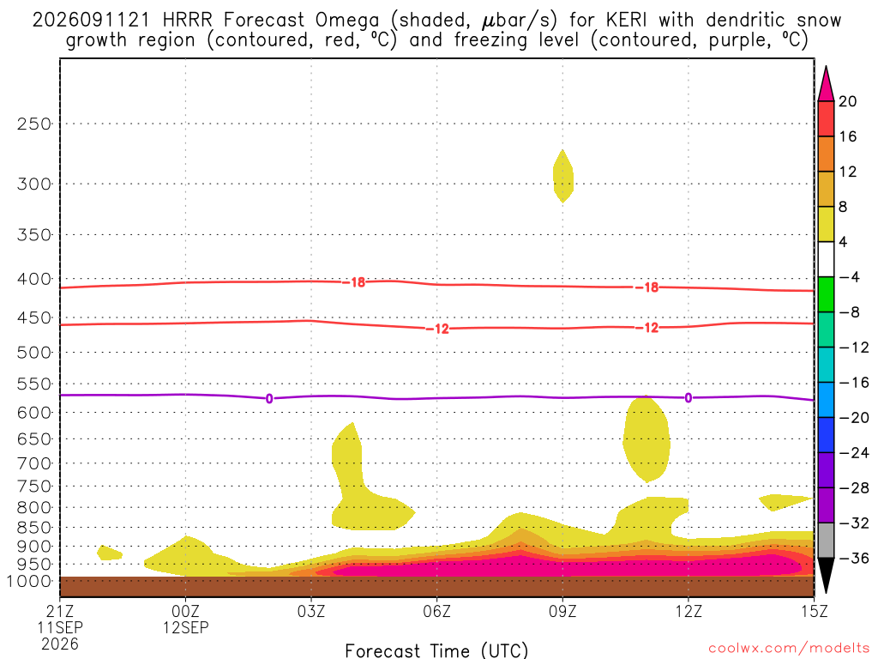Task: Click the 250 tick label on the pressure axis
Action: click(x=34, y=124)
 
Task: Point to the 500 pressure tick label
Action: click(x=34, y=353)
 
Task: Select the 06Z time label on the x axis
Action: click(x=436, y=611)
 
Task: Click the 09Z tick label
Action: click(x=562, y=611)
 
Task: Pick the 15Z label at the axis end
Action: click(x=814, y=611)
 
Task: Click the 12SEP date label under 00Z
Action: click(x=186, y=627)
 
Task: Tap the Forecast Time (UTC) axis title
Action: click(x=436, y=650)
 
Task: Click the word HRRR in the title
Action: click(x=187, y=21)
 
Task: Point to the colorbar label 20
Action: click(x=848, y=101)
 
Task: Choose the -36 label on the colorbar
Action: click(x=854, y=558)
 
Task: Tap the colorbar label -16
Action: click(x=854, y=383)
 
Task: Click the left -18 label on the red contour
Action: click(x=354, y=282)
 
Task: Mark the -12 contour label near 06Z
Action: click(x=437, y=329)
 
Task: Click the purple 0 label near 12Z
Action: click(x=689, y=398)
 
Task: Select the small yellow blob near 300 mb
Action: click(x=562, y=177)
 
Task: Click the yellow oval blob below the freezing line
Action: click(x=646, y=438)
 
